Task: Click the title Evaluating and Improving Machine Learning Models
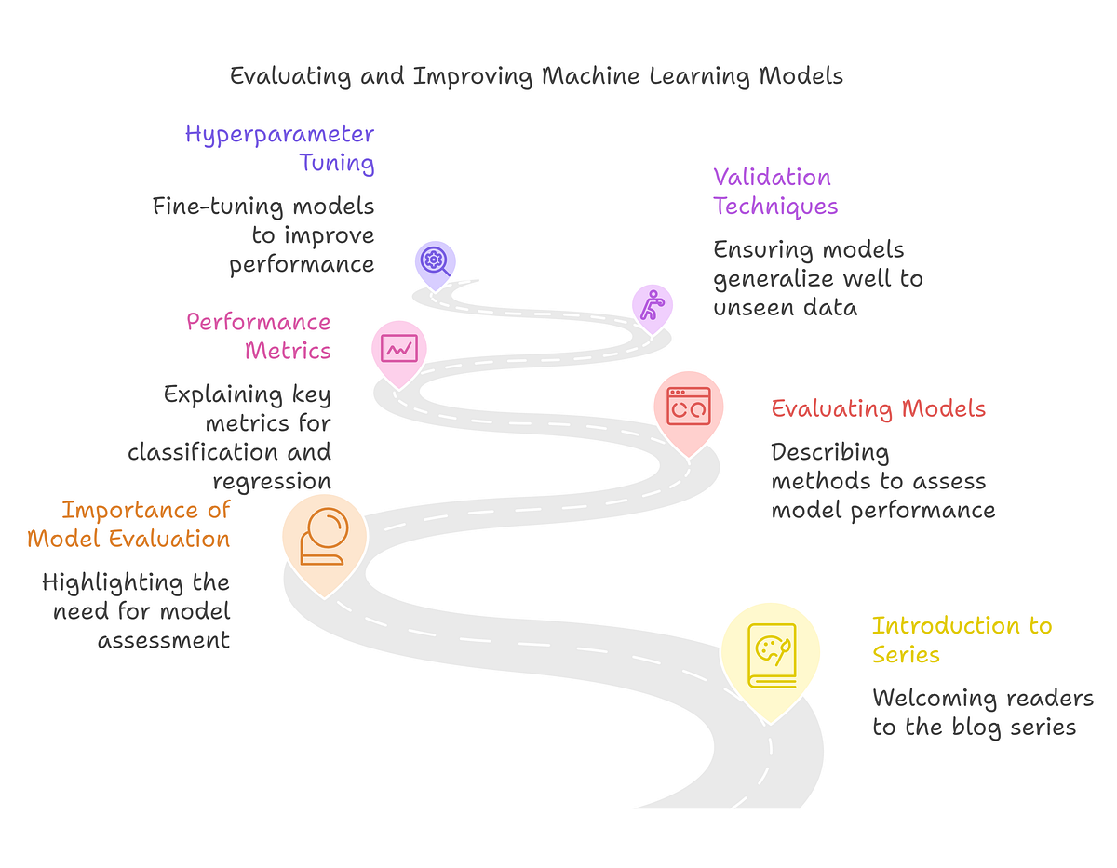(536, 75)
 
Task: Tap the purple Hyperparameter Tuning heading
(279, 149)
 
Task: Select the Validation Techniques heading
(775, 191)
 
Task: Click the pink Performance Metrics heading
(259, 336)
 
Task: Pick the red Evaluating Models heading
(878, 408)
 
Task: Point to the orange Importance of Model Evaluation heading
(128, 524)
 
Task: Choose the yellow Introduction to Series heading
(961, 639)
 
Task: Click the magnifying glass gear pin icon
(435, 260)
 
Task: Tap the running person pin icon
(652, 305)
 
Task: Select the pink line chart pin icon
(399, 348)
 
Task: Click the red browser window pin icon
(688, 407)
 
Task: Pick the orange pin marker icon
(324, 538)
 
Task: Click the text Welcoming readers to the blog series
(982, 712)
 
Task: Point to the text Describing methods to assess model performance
(882, 481)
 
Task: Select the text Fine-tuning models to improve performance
(264, 234)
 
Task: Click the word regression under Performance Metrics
(272, 481)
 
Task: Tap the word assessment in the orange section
(164, 640)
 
